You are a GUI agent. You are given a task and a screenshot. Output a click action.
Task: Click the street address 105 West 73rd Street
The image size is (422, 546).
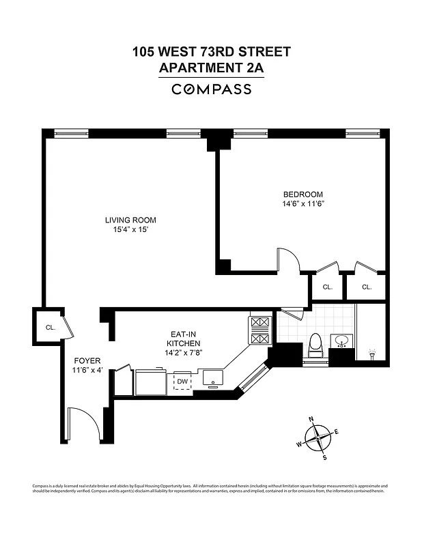tap(211, 52)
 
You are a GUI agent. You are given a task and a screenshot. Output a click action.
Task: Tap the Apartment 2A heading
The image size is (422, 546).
tap(211, 68)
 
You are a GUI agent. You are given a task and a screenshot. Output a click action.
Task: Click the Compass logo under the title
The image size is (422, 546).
tap(211, 89)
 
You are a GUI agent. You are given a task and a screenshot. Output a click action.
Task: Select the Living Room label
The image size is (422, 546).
tap(130, 220)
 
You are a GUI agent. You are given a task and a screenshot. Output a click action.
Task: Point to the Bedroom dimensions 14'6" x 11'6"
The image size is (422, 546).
tap(303, 204)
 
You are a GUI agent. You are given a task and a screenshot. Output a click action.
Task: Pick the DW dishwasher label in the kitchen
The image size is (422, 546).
tap(182, 382)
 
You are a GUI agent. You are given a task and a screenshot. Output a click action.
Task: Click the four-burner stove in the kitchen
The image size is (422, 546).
tap(260, 330)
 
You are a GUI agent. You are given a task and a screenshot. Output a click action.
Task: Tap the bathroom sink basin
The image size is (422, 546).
tap(341, 341)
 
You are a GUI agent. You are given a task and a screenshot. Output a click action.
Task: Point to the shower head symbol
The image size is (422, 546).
tap(372, 355)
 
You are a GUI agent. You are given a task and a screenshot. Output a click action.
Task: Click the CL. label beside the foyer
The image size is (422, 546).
tap(51, 328)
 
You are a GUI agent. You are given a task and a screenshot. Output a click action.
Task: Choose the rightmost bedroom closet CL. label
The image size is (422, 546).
tap(367, 287)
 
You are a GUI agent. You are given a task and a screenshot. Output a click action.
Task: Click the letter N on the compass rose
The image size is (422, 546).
tap(311, 420)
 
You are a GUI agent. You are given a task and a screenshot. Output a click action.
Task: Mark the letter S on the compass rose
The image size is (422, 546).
tap(324, 457)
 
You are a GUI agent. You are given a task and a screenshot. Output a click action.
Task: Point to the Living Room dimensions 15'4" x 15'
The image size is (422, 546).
tap(130, 231)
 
